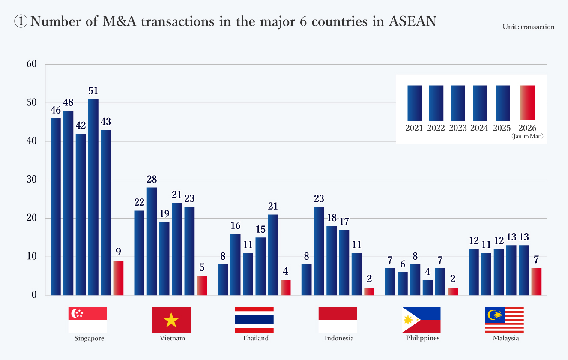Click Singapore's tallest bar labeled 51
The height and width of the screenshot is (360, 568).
pyautogui.click(x=93, y=197)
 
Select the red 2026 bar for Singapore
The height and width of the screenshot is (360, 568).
pyautogui.click(x=118, y=278)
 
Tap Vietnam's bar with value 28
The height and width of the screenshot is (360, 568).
pyautogui.click(x=152, y=241)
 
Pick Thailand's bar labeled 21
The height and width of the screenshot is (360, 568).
pyautogui.click(x=273, y=255)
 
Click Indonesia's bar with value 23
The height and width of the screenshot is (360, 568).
pyautogui.click(x=319, y=251)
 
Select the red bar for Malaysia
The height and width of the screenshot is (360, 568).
pyautogui.click(x=536, y=282)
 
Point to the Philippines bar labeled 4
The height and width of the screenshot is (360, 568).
pyautogui.click(x=427, y=287)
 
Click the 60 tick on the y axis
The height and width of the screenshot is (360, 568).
pyautogui.click(x=32, y=64)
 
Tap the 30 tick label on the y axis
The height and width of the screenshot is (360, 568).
pyautogui.click(x=32, y=180)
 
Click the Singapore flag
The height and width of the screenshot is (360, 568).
pyautogui.click(x=87, y=320)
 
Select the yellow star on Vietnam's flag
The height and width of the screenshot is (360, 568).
pyautogui.click(x=171, y=320)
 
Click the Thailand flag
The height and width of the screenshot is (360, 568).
pyautogui.click(x=254, y=320)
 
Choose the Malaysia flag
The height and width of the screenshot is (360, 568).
pyautogui.click(x=504, y=320)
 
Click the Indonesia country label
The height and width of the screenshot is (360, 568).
pyautogui.click(x=339, y=338)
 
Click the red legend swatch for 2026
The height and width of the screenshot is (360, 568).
pyautogui.click(x=527, y=103)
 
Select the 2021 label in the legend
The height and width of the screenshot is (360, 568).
pyautogui.click(x=414, y=128)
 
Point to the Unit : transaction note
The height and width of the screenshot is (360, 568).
pyautogui.click(x=529, y=27)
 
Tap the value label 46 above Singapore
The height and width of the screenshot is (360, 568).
pyautogui.click(x=56, y=111)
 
